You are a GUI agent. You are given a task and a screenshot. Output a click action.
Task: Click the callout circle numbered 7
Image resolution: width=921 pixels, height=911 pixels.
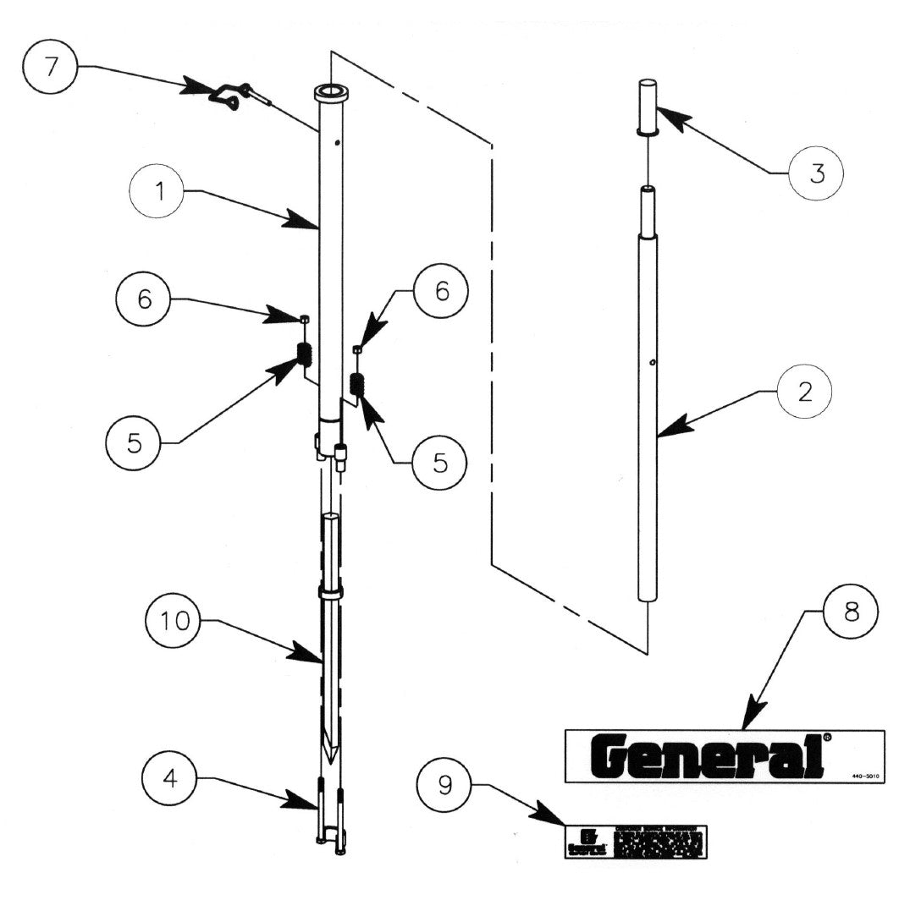[52, 67]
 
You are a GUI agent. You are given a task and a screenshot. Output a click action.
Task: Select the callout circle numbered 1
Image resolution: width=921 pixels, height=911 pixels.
[158, 192]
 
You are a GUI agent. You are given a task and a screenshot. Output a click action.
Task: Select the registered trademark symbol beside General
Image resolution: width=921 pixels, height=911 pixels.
[827, 737]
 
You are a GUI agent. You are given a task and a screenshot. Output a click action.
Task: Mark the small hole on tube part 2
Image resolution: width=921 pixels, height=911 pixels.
[653, 364]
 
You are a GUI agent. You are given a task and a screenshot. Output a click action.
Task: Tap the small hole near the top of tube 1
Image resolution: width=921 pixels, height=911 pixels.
[337, 143]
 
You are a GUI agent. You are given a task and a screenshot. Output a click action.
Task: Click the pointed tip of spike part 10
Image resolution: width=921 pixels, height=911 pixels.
[330, 758]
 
